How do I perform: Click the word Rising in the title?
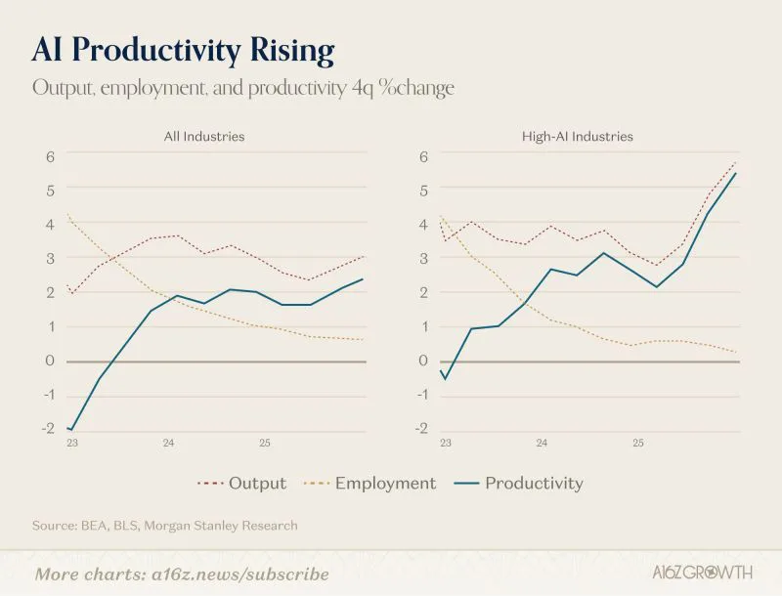[292, 51]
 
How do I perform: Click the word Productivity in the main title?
[156, 51]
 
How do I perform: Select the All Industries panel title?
[204, 137]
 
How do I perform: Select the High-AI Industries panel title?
[578, 137]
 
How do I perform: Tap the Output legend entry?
[241, 483]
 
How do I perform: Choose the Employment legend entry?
[370, 483]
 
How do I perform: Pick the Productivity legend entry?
[519, 483]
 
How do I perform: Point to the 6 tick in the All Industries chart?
[50, 156]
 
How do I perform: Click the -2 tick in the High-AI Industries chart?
[422, 429]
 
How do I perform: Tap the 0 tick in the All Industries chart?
[50, 361]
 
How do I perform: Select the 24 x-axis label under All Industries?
[168, 443]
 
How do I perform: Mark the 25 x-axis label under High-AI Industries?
[638, 443]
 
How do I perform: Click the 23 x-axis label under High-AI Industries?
[446, 443]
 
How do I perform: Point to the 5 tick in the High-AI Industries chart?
[423, 191]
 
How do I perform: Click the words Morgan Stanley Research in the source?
[221, 526]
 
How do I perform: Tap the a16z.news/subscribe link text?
[240, 575]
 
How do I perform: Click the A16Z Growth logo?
[702, 573]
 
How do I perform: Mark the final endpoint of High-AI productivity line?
[736, 173]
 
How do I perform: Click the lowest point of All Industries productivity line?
[72, 430]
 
